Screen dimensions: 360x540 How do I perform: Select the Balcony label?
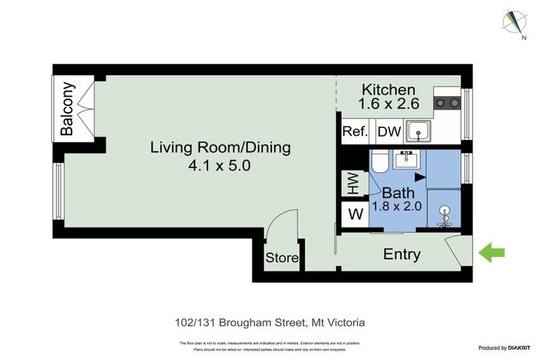pyautogui.click(x=67, y=110)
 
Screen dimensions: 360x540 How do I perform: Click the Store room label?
pyautogui.click(x=281, y=259)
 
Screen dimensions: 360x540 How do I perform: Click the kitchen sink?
pyautogui.click(x=420, y=131)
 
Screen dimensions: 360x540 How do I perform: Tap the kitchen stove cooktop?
pyautogui.click(x=446, y=103)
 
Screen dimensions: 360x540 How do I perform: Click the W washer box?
pyautogui.click(x=356, y=214)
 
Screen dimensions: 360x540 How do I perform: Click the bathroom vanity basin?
pyautogui.click(x=406, y=160)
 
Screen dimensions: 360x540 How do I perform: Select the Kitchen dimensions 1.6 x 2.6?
pyautogui.click(x=390, y=104)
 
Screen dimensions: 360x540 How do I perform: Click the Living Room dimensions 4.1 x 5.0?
pyautogui.click(x=220, y=166)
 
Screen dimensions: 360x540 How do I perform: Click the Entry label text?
pyautogui.click(x=401, y=255)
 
